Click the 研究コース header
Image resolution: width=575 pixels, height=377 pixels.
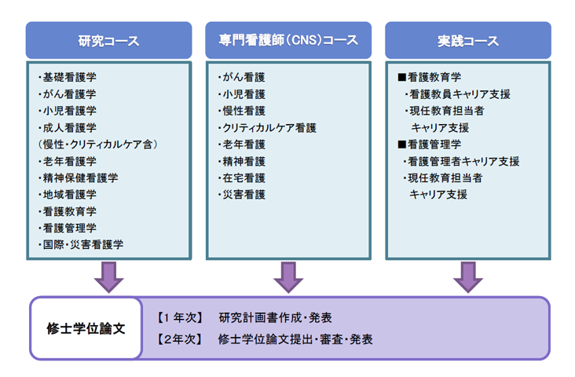point(109,40)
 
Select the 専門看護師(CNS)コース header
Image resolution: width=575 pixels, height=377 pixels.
point(288,40)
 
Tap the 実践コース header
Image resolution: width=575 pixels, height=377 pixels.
point(468,40)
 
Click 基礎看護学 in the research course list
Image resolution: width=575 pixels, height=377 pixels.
point(70,78)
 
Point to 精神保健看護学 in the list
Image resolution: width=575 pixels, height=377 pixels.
point(80,178)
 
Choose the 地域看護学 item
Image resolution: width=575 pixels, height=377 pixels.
point(70,194)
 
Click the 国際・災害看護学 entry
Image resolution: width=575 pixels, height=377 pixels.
point(83,244)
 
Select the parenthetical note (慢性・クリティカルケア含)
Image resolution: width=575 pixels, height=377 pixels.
point(97,145)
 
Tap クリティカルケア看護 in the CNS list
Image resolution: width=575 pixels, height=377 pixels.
point(269,127)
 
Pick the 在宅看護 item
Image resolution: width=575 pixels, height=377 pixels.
point(244,178)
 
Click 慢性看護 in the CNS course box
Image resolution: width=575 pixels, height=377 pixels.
point(244,111)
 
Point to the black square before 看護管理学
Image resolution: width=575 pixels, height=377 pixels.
point(402,145)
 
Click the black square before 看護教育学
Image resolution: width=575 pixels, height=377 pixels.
point(402,78)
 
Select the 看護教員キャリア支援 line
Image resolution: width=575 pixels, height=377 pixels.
point(460,94)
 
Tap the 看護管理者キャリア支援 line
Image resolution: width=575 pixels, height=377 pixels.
point(463,161)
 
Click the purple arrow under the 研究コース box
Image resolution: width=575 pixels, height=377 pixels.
point(109,277)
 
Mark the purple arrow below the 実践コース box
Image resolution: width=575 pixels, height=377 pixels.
point(468,277)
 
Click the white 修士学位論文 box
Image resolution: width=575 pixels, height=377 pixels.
point(86,328)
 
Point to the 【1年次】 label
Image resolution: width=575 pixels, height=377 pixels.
point(180,317)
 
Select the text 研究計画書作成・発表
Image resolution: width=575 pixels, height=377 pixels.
point(276,317)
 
